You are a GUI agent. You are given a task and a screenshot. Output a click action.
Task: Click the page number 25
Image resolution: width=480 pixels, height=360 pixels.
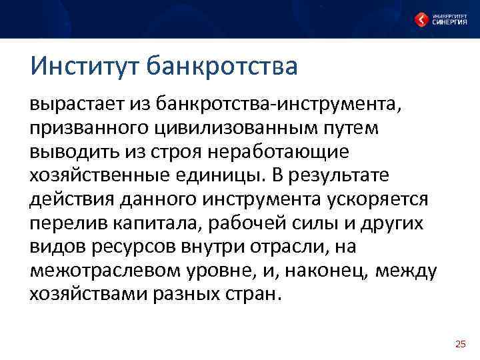[460, 344]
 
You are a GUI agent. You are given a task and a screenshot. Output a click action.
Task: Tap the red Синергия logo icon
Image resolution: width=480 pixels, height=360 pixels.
[422, 19]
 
